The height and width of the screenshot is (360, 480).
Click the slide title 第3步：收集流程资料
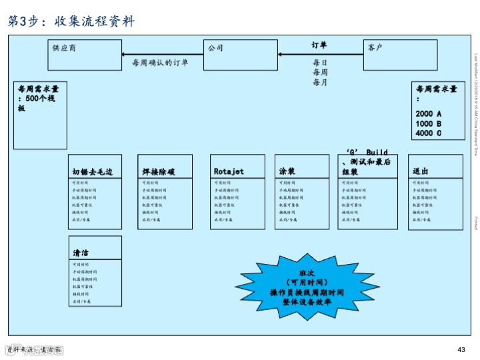pos(71,21)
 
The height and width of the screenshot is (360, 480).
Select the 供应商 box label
pos(65,48)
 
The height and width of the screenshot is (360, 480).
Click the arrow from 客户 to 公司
pos(320,55)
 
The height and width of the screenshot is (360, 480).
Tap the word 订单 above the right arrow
pos(319,45)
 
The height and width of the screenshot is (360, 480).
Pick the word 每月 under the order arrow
pos(320,82)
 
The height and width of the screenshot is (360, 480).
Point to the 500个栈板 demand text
pos(37,99)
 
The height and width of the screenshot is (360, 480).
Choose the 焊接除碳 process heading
pos(159,172)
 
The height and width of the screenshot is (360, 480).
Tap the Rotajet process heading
pos(229,172)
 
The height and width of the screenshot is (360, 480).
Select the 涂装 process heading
pos(287,172)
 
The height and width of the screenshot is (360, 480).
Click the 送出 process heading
pos(421,172)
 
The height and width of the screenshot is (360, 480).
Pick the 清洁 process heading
pos(81,253)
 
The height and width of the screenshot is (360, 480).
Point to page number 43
pos(461,350)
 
